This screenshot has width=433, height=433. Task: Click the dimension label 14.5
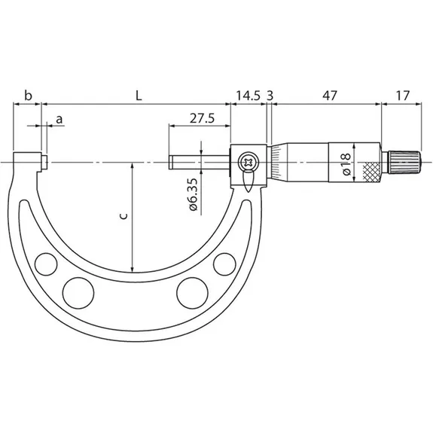pyautogui.click(x=248, y=96)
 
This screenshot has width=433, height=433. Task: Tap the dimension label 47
pyautogui.click(x=330, y=96)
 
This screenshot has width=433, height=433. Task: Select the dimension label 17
pyautogui.click(x=403, y=96)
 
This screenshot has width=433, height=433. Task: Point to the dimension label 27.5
pyautogui.click(x=202, y=118)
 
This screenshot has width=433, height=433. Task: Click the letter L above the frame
pyautogui.click(x=139, y=96)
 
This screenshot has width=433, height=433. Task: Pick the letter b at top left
pyautogui.click(x=28, y=96)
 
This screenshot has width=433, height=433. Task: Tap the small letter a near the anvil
pyautogui.click(x=59, y=120)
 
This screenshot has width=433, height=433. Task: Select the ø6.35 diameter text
pyautogui.click(x=194, y=195)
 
